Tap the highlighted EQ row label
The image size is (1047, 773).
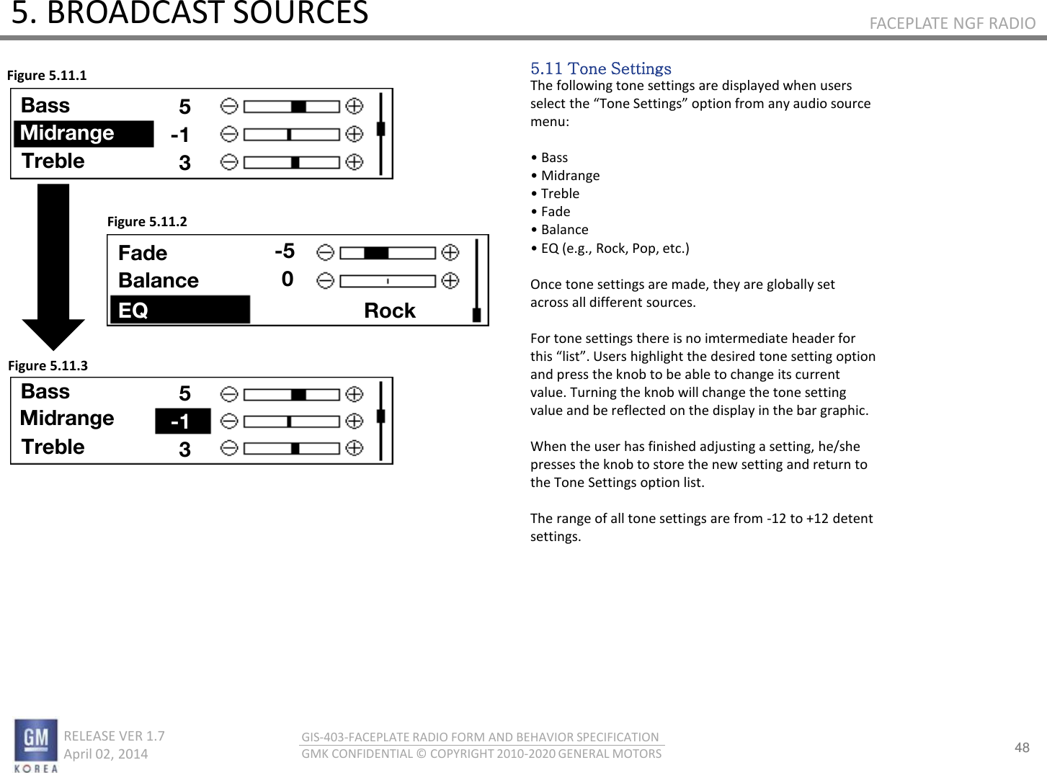(x=133, y=310)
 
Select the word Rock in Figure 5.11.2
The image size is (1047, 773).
(x=389, y=310)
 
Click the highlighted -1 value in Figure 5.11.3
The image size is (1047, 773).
(x=182, y=421)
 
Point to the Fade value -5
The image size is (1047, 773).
(x=285, y=251)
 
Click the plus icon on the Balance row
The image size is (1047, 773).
(x=450, y=280)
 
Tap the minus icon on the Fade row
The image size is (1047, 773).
(x=325, y=253)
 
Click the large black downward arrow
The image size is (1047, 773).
(x=53, y=267)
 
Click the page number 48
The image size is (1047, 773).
(x=1022, y=747)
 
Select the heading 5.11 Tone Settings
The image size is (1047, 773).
(x=600, y=68)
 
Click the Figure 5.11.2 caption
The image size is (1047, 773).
(x=147, y=222)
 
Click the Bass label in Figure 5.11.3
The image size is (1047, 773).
(x=45, y=391)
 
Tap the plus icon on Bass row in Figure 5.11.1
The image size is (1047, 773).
(x=354, y=107)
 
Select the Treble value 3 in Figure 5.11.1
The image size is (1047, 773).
(x=184, y=163)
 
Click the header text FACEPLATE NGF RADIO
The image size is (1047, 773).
(x=952, y=23)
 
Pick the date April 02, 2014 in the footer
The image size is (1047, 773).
(x=105, y=754)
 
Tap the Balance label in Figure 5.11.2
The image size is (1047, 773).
(x=159, y=280)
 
